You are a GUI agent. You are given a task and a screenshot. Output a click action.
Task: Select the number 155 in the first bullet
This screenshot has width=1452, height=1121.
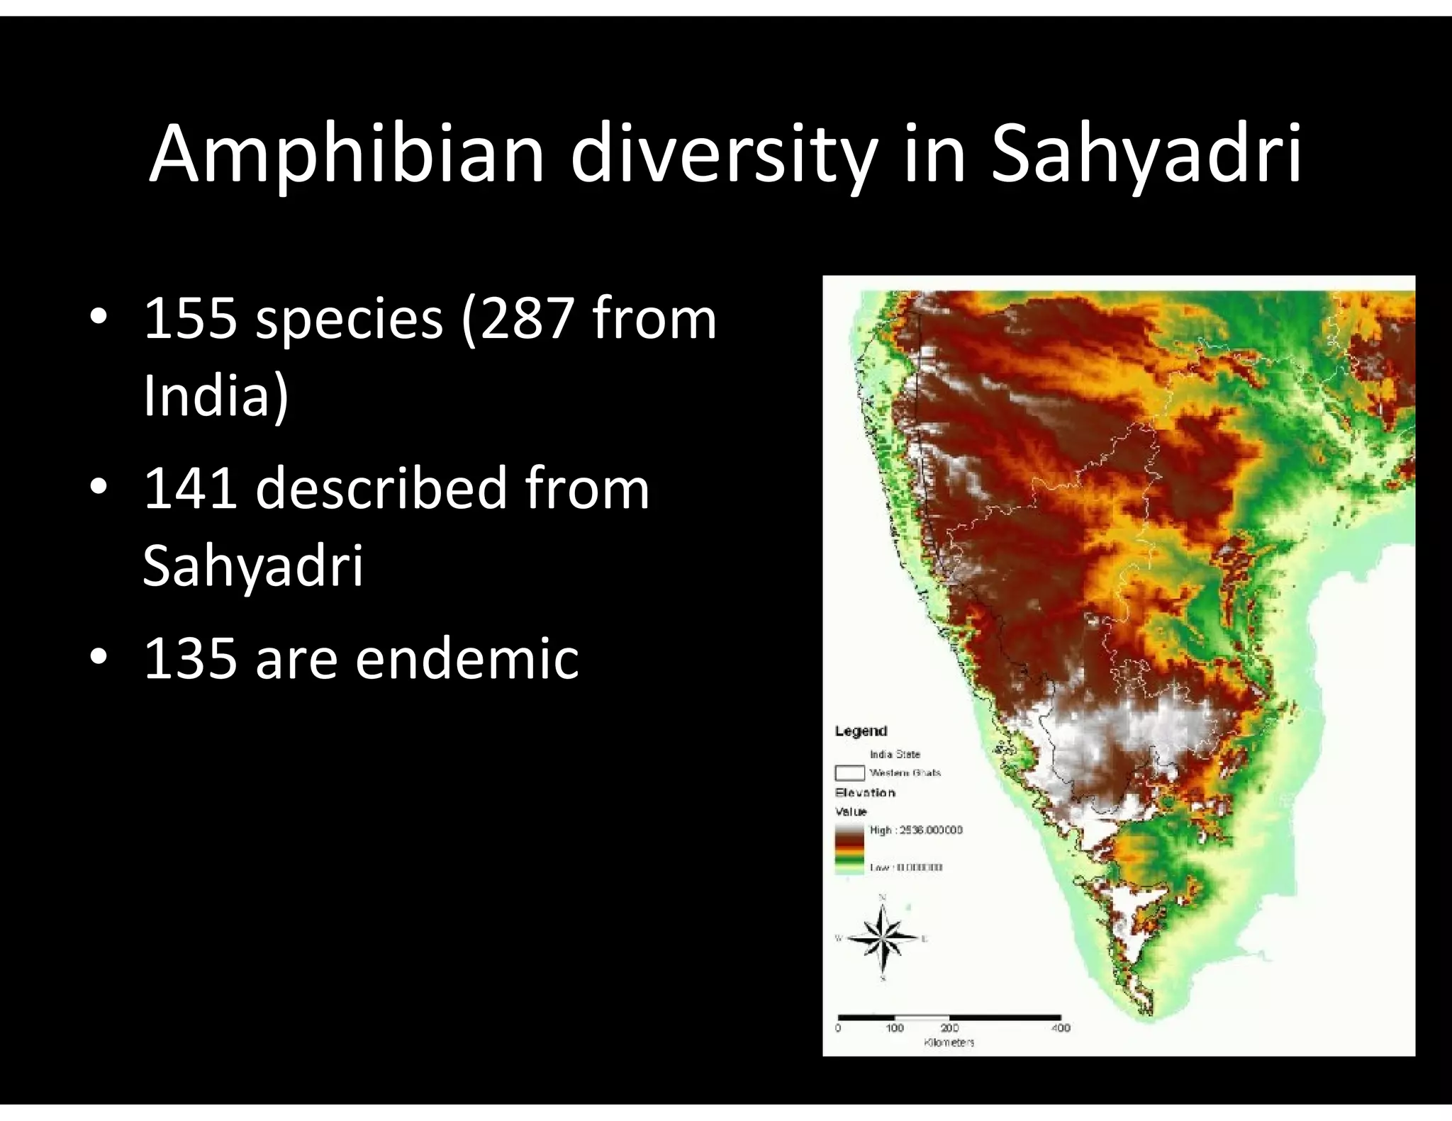coord(190,318)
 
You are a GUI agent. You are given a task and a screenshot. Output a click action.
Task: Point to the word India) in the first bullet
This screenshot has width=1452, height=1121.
coord(216,395)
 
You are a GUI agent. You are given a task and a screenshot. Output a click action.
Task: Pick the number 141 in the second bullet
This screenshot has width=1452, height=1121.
coord(190,488)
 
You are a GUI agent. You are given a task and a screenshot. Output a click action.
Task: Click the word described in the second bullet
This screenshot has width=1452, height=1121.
coord(381,488)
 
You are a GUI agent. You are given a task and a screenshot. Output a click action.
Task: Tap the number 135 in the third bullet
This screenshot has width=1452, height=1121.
coord(190,658)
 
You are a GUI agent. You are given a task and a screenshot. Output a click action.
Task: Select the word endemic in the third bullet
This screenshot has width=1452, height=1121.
coord(467,658)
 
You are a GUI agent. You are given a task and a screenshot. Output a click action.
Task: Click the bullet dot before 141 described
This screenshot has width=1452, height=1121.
coord(99,487)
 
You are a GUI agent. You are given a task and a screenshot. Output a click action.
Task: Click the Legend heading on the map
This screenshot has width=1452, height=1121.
coord(861,731)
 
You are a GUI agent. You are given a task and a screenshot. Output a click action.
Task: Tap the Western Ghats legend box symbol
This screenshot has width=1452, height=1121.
coord(849,772)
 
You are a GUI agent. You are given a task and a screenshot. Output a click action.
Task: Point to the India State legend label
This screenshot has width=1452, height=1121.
coord(895,754)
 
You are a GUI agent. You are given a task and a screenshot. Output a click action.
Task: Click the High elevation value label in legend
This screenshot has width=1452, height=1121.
coord(916,830)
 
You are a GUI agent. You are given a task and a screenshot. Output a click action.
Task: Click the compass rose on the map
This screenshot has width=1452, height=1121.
coord(883,939)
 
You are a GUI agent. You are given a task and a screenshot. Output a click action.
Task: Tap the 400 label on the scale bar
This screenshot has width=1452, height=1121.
coord(1061,1027)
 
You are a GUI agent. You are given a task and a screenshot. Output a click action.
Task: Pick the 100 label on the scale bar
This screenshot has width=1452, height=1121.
coord(895,1027)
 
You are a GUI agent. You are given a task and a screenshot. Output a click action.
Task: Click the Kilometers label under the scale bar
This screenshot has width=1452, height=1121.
coord(949,1042)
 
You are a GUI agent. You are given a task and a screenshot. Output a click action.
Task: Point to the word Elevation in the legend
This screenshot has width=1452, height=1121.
coord(865,792)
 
